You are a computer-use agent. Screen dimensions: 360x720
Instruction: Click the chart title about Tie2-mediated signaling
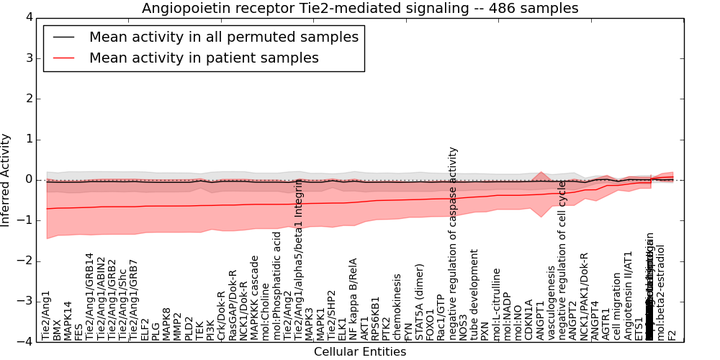pos(360,9)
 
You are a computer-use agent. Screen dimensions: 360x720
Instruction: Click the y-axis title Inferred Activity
pos(6,179)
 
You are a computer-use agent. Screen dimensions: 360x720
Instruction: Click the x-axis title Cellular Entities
pos(360,352)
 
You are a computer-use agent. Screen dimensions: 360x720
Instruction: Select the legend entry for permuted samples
pos(223,37)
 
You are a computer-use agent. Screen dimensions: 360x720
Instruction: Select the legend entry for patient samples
pos(204,58)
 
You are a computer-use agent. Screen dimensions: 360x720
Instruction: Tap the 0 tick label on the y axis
pos(28,179)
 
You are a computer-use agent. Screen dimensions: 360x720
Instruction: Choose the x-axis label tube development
pos(474,294)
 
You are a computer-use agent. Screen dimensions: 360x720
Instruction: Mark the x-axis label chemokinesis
pos(397,307)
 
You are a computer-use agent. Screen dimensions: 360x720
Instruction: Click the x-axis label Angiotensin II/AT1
pos(628,295)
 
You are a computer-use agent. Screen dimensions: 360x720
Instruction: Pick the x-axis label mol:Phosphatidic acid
pos(276,286)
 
